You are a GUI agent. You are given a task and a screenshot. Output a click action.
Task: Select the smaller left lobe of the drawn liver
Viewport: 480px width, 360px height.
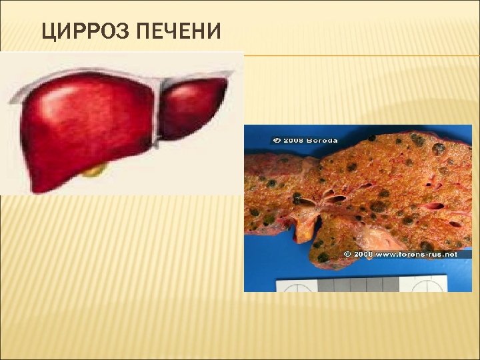pos(194,107)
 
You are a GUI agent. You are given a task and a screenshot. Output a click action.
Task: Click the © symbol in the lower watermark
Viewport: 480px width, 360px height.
pos(347,254)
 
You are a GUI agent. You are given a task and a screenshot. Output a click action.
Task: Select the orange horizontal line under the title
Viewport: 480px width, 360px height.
pos(360,55)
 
